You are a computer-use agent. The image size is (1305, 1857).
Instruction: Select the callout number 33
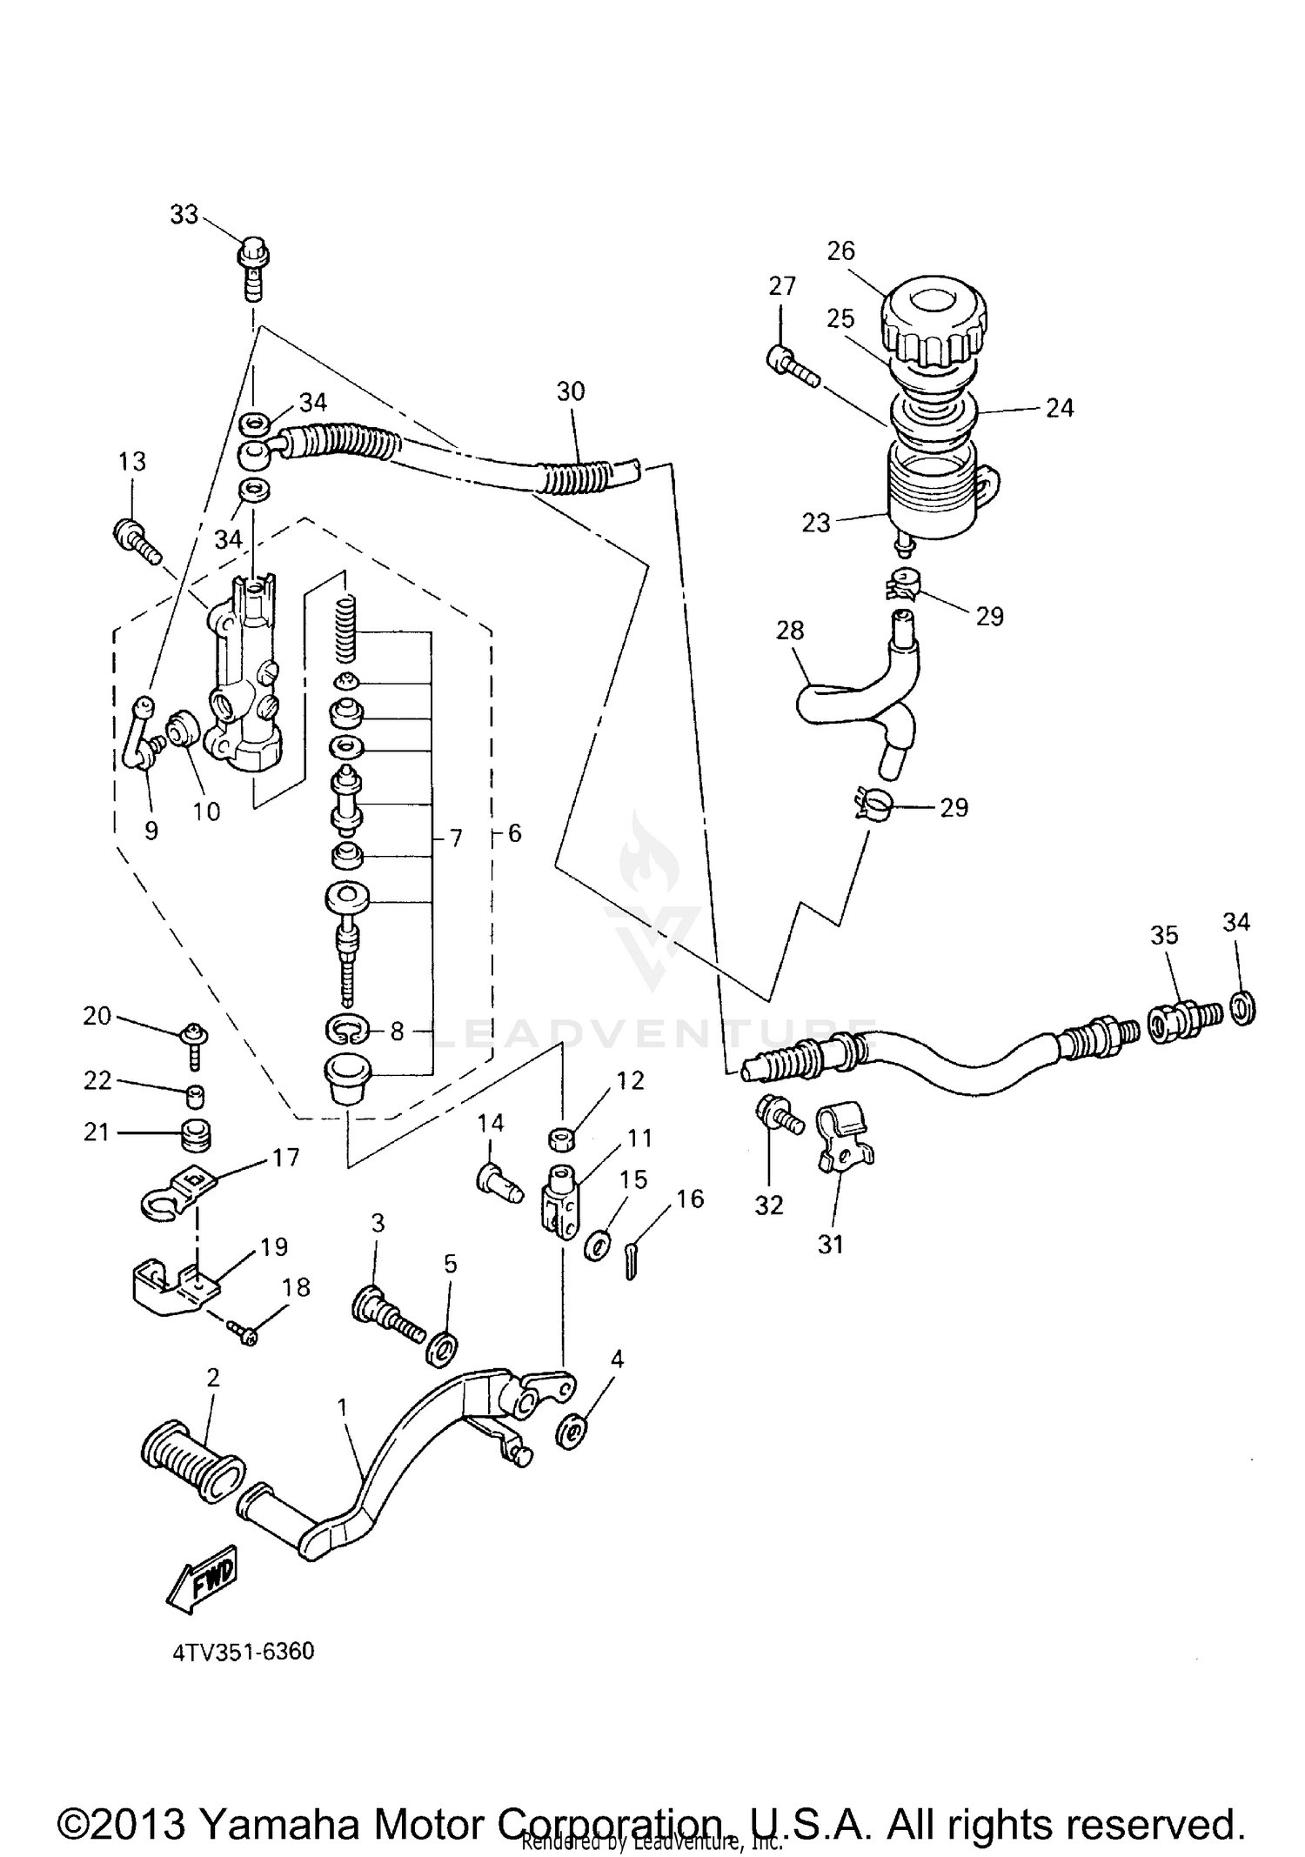click(x=184, y=215)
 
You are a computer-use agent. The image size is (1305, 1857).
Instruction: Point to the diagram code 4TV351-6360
click(x=243, y=1651)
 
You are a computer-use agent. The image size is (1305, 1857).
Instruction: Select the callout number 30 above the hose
click(x=571, y=391)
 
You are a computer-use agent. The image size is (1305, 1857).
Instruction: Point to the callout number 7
click(x=456, y=838)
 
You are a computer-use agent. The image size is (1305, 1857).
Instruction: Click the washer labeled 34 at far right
click(x=1243, y=1010)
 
